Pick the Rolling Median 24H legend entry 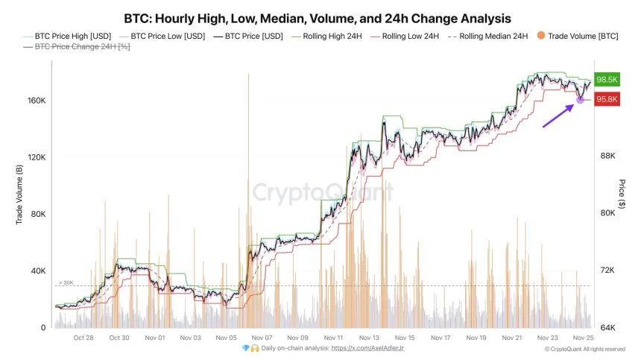coord(492,36)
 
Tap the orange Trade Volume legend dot coord(541,36)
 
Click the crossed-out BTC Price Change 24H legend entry coord(72,47)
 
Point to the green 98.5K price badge coord(608,80)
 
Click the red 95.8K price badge coord(608,100)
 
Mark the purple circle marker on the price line coord(580,100)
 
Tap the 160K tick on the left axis coord(37,101)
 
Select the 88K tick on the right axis coord(607,157)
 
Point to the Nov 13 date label coord(368,338)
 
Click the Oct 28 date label coord(83,338)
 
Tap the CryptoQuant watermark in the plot coord(322,192)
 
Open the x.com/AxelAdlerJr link coord(367,348)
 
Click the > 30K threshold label coord(66,282)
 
